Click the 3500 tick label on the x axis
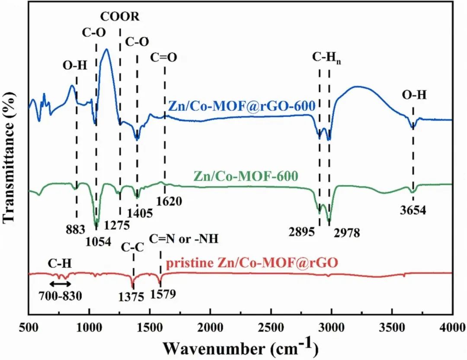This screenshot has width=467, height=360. click(392, 326)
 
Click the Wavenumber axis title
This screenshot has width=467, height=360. click(240, 346)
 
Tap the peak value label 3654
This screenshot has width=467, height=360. click(413, 211)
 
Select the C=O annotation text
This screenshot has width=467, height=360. click(164, 58)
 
